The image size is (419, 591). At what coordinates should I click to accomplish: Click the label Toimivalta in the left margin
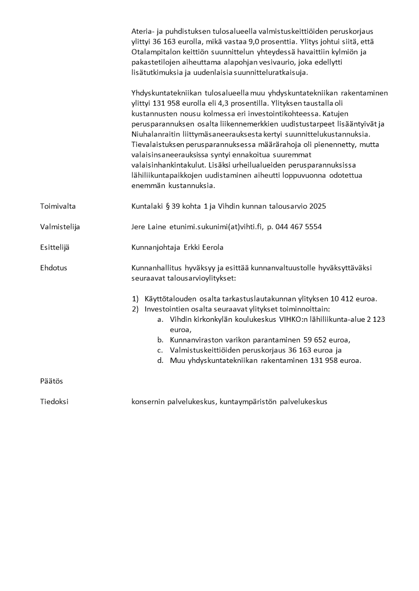pos(58,206)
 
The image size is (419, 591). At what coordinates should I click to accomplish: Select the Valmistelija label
pos(60,226)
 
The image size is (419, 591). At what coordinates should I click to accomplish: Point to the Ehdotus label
pos(53,268)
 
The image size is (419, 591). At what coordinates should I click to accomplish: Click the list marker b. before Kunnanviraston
pos(160,340)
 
